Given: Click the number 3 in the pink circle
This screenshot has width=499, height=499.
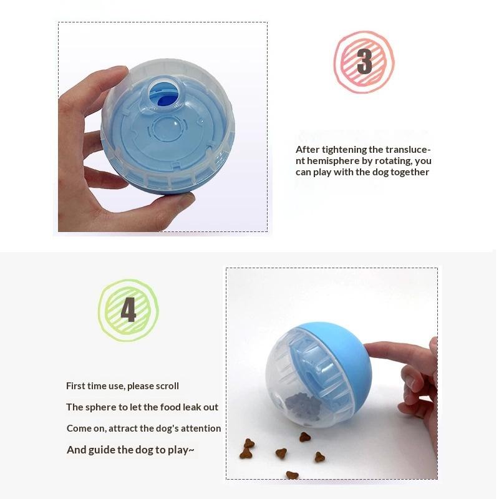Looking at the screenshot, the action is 364,61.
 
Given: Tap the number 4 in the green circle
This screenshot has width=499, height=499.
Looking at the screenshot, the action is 128,309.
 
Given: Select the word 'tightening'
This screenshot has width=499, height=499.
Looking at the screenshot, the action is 342,150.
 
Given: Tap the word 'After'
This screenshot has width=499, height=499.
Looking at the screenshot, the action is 308,150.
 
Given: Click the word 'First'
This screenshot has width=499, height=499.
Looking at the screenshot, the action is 75,386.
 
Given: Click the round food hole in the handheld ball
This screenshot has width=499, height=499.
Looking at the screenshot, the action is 164,94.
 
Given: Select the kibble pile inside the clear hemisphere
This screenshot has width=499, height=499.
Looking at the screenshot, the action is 301,406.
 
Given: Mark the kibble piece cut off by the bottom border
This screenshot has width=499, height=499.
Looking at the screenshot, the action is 292,475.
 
